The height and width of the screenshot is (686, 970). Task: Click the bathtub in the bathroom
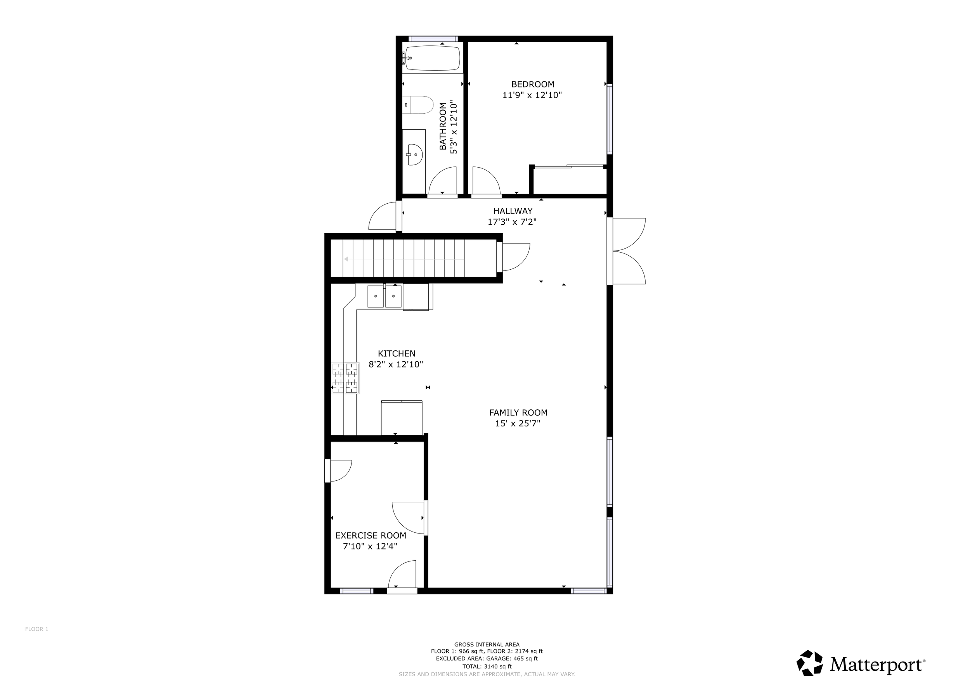432,58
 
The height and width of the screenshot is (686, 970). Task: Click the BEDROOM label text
532,85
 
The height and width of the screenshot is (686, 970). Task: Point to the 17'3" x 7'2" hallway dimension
512,222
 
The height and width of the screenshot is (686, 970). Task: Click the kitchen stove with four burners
345,378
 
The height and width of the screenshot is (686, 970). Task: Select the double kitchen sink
385,296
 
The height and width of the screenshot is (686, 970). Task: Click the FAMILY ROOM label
518,413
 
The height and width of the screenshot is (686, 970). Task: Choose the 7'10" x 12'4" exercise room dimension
370,547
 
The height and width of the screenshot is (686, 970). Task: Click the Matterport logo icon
809,663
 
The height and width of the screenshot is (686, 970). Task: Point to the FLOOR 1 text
37,629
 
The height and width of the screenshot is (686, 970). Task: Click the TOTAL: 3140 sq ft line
487,667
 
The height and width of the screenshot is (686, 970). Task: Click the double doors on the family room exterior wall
629,251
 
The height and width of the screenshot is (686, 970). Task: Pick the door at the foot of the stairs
514,256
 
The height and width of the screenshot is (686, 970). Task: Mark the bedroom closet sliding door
569,167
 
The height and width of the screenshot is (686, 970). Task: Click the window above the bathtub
433,39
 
